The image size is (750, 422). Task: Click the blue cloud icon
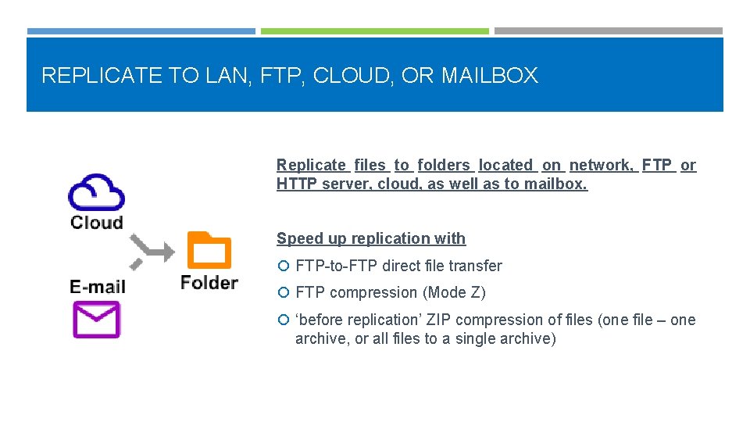(96, 191)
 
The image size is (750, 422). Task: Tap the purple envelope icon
(96, 319)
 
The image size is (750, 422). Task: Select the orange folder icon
(209, 250)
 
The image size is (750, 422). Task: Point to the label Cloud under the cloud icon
(96, 222)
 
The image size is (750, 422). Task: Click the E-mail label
(97, 286)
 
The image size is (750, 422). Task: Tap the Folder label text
(209, 281)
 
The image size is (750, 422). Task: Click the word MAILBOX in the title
(489, 76)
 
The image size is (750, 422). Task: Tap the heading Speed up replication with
(371, 238)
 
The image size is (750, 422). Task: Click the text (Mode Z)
(454, 293)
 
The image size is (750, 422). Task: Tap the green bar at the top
(374, 31)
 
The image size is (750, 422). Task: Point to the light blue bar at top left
(141, 31)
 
